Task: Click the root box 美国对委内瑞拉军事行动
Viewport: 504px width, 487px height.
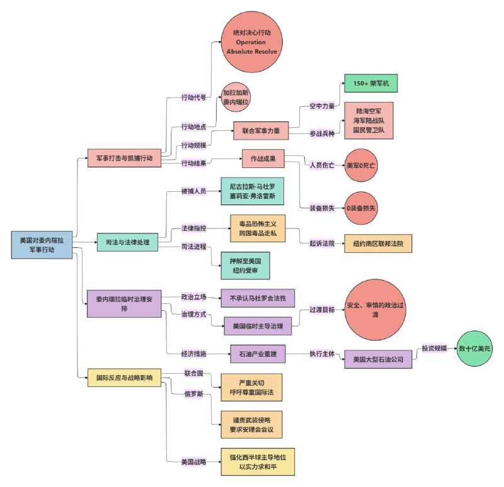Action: point(42,245)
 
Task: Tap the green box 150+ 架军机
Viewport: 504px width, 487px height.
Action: point(371,84)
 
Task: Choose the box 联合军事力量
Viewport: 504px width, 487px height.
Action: point(261,132)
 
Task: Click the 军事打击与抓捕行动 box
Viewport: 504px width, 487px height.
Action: point(124,157)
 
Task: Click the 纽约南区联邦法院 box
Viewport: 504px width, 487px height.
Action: point(378,244)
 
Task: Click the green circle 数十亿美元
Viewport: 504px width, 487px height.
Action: point(474,348)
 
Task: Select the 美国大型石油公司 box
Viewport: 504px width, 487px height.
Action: point(378,359)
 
